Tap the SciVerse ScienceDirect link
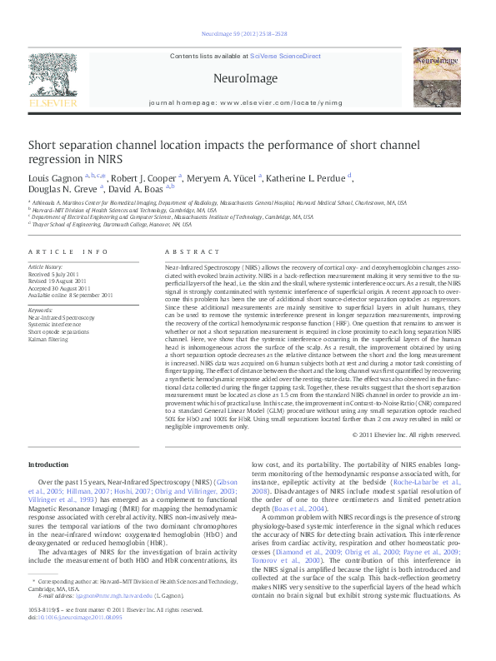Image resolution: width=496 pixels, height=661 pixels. click(289, 56)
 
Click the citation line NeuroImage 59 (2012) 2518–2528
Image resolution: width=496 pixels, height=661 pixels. click(244, 34)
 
